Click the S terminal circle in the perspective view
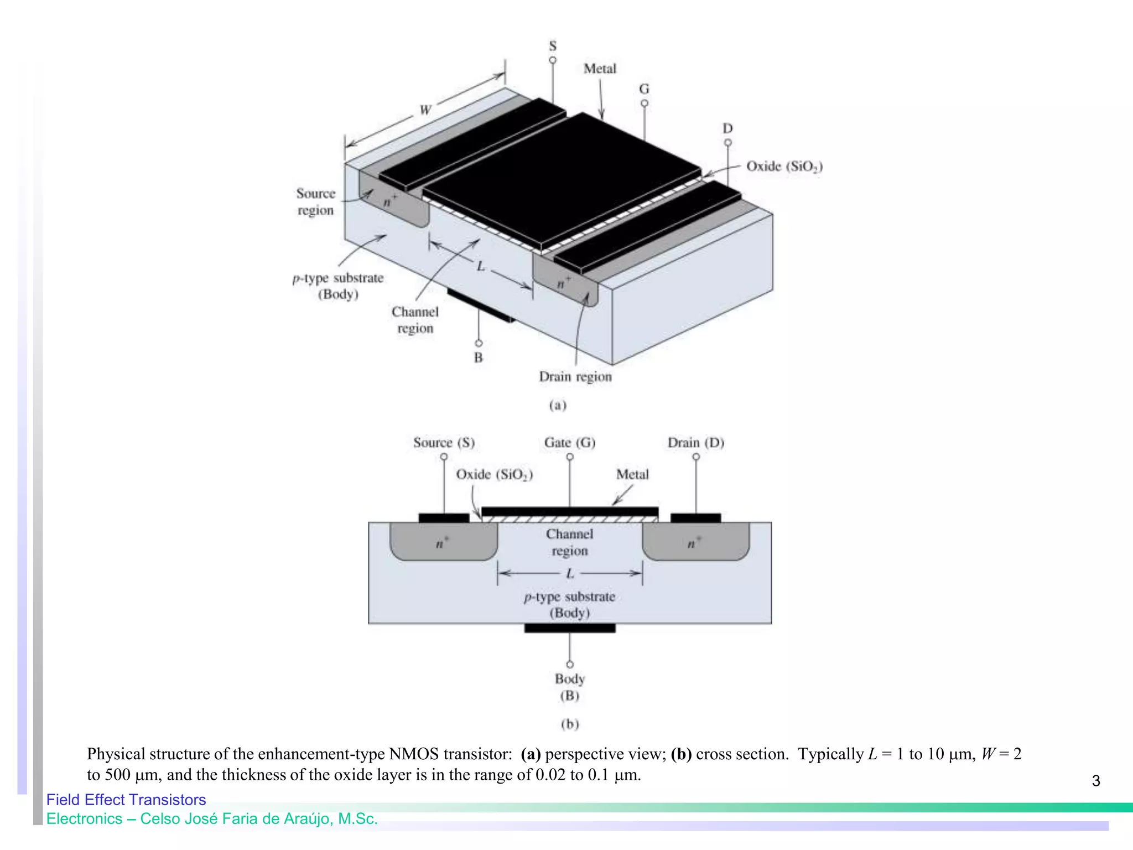pos(553,60)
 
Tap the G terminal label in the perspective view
pos(644,89)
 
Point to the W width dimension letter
pos(425,110)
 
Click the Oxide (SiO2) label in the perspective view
pos(784,167)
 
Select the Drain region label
pos(575,377)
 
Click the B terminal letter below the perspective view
pos(479,358)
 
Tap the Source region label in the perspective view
pos(316,202)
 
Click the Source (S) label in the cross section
pos(444,443)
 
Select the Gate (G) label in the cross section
pos(570,443)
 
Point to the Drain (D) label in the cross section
pos(696,443)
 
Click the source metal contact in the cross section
pos(444,518)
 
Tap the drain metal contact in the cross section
pos(695,518)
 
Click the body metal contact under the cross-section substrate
pos(570,628)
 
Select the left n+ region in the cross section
pos(443,543)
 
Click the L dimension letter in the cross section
pos(570,574)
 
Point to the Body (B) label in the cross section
pos(570,687)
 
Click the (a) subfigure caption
pos(558,406)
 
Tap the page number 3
pos(1096,781)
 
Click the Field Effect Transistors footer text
pos(126,800)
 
